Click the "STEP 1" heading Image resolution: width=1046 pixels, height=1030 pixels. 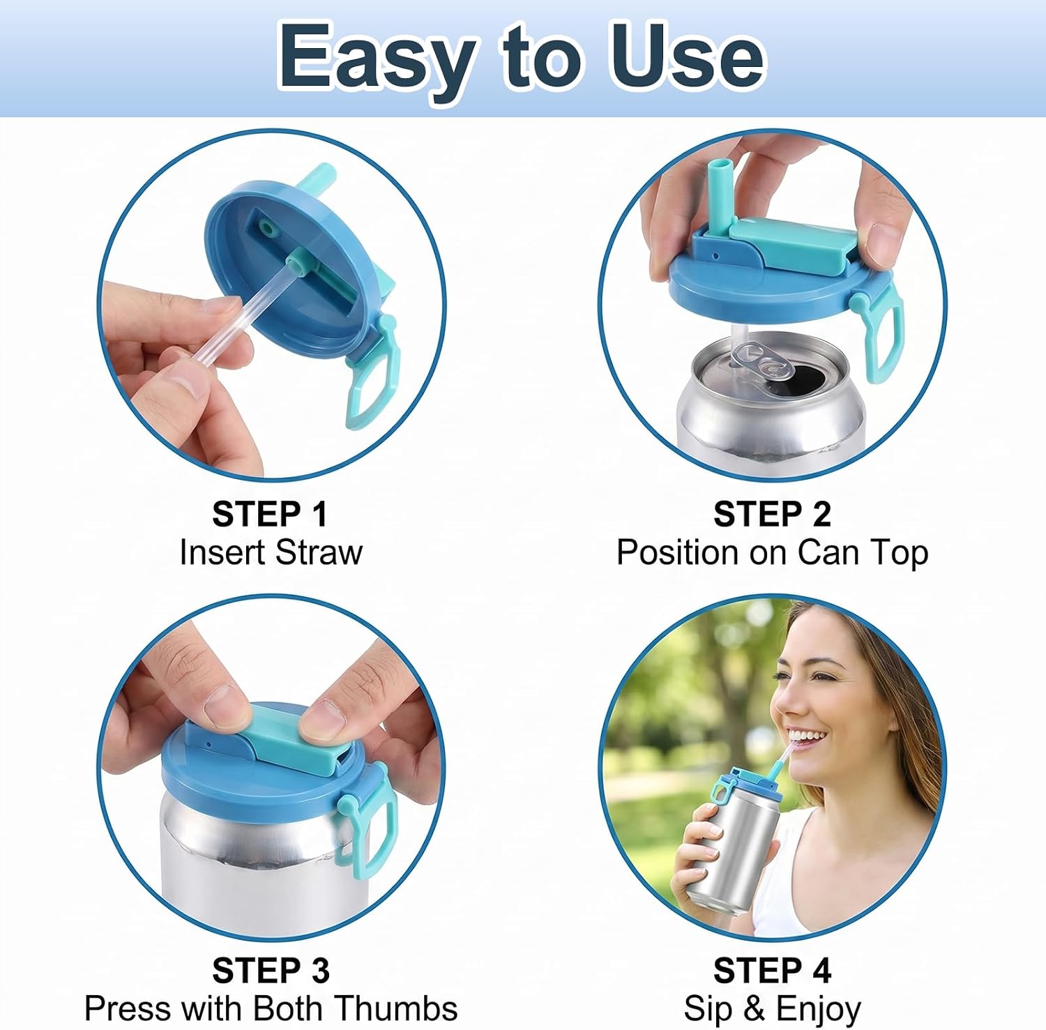(270, 515)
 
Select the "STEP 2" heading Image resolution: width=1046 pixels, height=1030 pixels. (772, 515)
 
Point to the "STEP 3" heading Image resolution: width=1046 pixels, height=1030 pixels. (271, 970)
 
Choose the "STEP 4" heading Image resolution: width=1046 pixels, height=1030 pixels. (772, 970)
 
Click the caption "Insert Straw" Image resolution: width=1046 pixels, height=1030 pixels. (271, 552)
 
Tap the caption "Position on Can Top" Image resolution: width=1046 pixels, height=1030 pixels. (772, 553)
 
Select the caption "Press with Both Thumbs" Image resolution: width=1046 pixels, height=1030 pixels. (271, 1008)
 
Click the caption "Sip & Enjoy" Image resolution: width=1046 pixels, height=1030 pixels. (772, 1009)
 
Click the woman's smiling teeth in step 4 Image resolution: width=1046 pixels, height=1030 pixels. (804, 736)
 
